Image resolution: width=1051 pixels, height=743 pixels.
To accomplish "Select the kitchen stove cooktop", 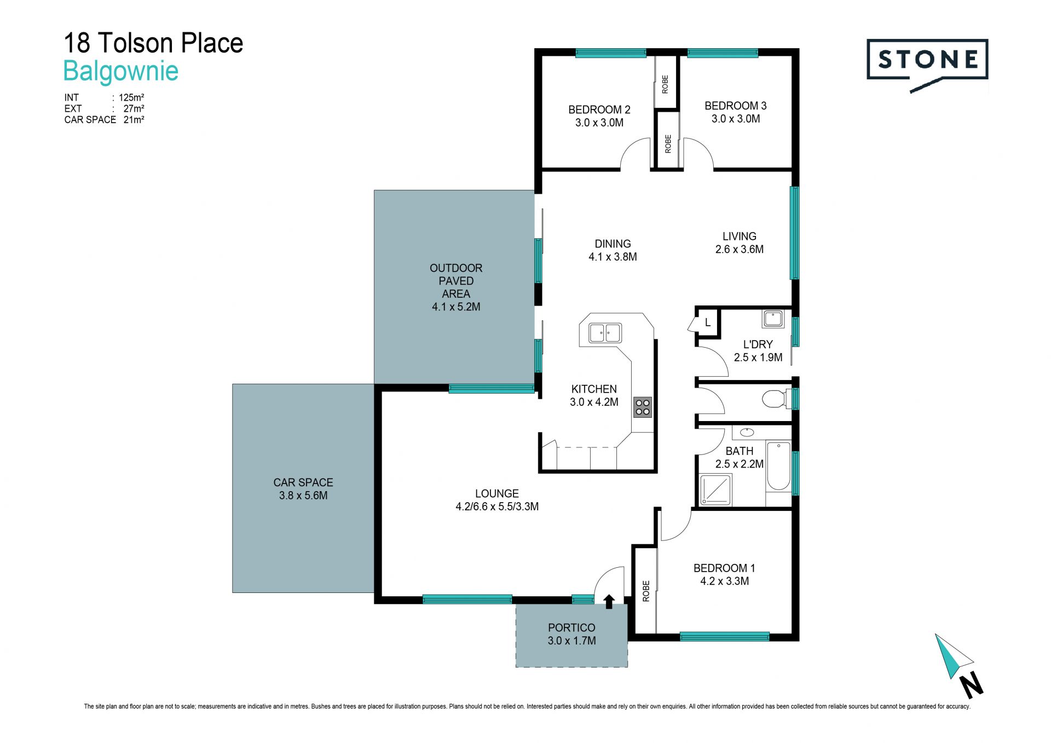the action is coord(643,407).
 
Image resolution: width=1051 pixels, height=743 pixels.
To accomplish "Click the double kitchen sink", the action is coord(605,332).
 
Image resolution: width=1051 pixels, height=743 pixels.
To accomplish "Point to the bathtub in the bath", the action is coord(778,465).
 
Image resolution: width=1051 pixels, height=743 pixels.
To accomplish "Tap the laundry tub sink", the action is coord(773,318).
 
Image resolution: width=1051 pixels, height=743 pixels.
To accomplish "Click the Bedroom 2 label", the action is coord(599,110).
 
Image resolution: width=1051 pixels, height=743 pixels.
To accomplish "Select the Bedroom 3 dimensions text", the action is coord(735,119).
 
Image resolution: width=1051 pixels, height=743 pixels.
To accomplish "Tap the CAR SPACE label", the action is coord(303,482).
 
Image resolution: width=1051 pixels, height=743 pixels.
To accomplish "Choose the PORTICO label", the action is coord(571,627).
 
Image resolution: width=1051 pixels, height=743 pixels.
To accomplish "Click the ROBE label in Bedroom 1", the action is coord(646,591).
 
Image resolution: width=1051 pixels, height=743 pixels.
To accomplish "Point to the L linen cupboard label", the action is coord(707,322).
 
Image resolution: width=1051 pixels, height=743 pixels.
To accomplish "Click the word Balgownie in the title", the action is coord(121,71).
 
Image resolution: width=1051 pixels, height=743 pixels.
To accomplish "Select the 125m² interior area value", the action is coord(131,97).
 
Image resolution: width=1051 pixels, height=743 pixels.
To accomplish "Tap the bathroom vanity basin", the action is coord(747,433).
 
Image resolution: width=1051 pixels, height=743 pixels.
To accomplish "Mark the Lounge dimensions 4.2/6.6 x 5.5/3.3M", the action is coord(497,506).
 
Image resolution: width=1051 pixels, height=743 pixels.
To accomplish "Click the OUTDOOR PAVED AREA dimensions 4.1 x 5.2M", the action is coord(456,307).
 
